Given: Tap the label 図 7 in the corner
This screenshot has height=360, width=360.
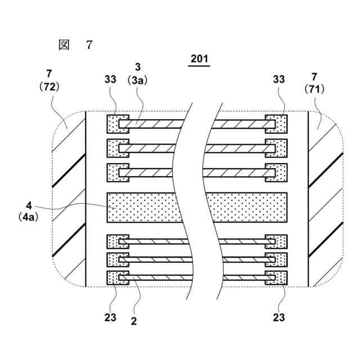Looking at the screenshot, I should (75, 45).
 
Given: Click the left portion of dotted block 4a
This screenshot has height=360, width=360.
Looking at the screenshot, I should (143, 208).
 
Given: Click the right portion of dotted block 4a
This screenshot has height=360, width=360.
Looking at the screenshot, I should (247, 208).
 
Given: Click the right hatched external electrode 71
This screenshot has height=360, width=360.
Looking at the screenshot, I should (326, 197).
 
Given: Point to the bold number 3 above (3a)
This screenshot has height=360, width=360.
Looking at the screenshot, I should (138, 69).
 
